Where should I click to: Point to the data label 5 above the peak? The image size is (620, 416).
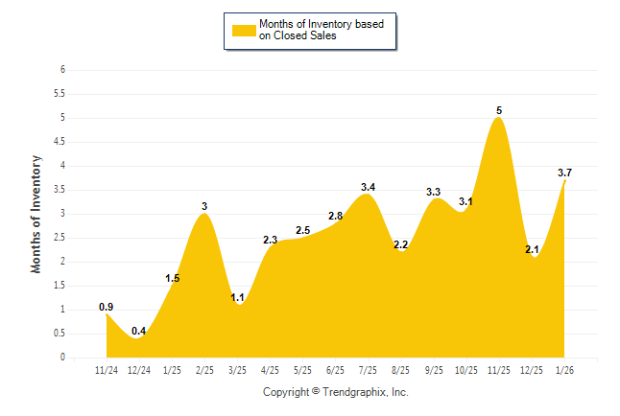499,110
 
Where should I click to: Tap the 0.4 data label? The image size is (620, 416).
139,331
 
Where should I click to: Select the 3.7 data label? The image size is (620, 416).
565,173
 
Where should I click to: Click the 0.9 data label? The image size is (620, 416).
107,307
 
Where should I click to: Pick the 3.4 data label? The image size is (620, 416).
368,187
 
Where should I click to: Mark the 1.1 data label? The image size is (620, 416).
238,297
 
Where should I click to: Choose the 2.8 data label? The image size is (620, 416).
335,216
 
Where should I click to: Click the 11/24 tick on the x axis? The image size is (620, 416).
107,370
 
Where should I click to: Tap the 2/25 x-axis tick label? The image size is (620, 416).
204,370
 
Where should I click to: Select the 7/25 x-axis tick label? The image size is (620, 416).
369,370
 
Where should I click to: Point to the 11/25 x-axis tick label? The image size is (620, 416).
499,370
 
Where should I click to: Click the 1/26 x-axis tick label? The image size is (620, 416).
565,370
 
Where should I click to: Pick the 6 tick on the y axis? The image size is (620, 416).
62,70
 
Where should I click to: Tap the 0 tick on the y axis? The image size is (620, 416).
62,358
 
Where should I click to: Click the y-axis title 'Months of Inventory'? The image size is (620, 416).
37,214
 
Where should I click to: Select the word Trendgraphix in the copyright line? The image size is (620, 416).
354,392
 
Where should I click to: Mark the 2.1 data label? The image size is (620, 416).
532,249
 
